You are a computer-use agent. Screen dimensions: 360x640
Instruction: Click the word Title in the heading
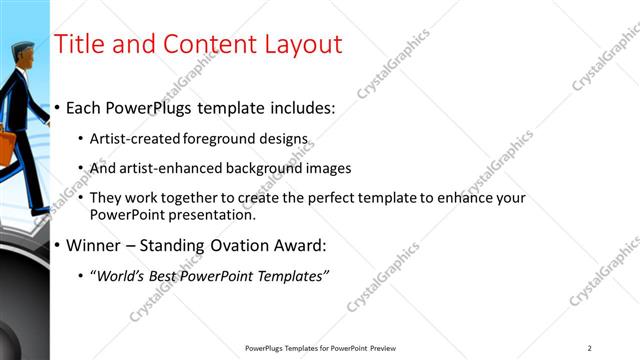pyautogui.click(x=77, y=44)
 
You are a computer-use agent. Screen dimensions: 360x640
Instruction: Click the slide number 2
pyautogui.click(x=590, y=348)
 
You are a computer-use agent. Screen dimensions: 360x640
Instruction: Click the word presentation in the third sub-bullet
pyautogui.click(x=212, y=214)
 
